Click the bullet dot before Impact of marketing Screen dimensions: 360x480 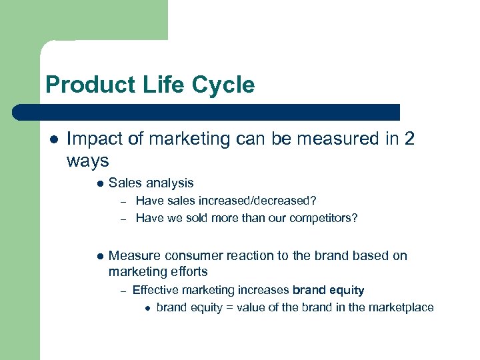click(53, 139)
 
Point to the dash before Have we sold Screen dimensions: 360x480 click(123, 218)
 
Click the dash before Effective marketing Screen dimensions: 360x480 click(123, 291)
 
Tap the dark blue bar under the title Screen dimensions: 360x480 click(207, 111)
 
